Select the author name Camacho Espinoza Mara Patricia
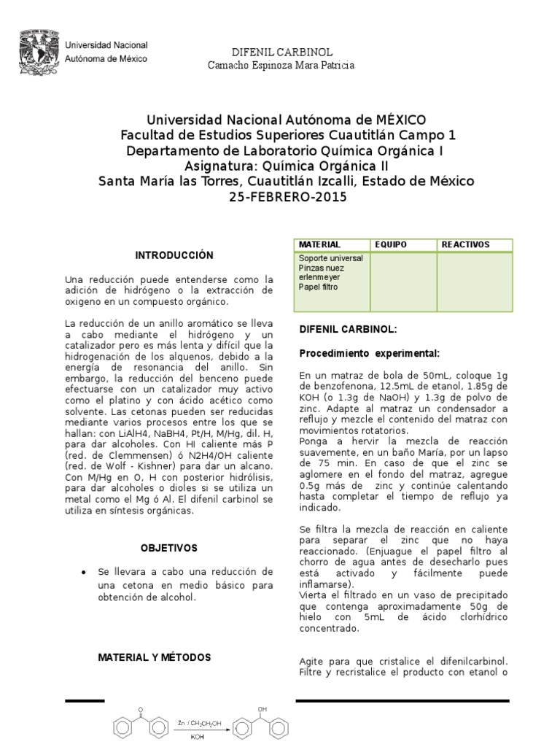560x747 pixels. pyautogui.click(x=281, y=66)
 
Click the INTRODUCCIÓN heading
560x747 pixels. pyautogui.click(x=174, y=255)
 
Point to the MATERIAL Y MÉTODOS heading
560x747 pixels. pyautogui.click(x=155, y=657)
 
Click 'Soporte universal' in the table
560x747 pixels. pyautogui.click(x=330, y=259)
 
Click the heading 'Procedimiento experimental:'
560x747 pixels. pyautogui.click(x=369, y=354)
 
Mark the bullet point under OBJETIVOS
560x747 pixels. pyautogui.click(x=87, y=571)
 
